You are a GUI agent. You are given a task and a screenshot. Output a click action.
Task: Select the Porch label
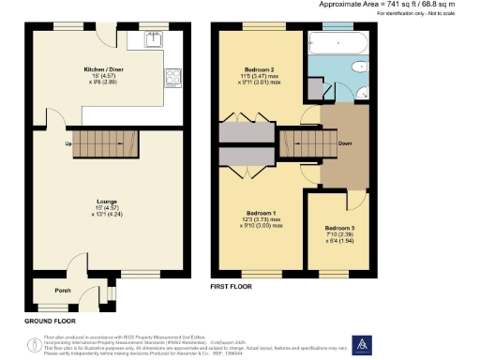pyautogui.click(x=63, y=290)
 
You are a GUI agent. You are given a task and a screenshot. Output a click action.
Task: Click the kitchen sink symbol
pyautogui.click(x=153, y=39)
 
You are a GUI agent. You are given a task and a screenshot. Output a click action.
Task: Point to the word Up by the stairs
pyautogui.click(x=68, y=143)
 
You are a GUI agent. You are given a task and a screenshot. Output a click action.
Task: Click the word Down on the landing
pyautogui.click(x=345, y=144)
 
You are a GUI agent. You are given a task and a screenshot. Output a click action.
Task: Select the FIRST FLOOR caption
pyautogui.click(x=231, y=285)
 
